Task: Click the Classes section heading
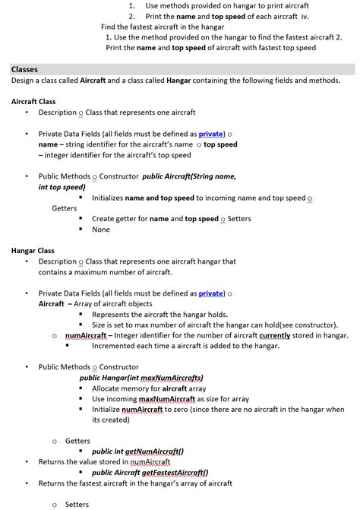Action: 25,69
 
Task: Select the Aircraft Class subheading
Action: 33,101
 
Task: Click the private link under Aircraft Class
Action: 210,134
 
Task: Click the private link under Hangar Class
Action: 210,293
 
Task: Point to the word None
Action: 101,230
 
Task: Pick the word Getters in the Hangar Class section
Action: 77,441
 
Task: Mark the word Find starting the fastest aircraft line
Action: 109,27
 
